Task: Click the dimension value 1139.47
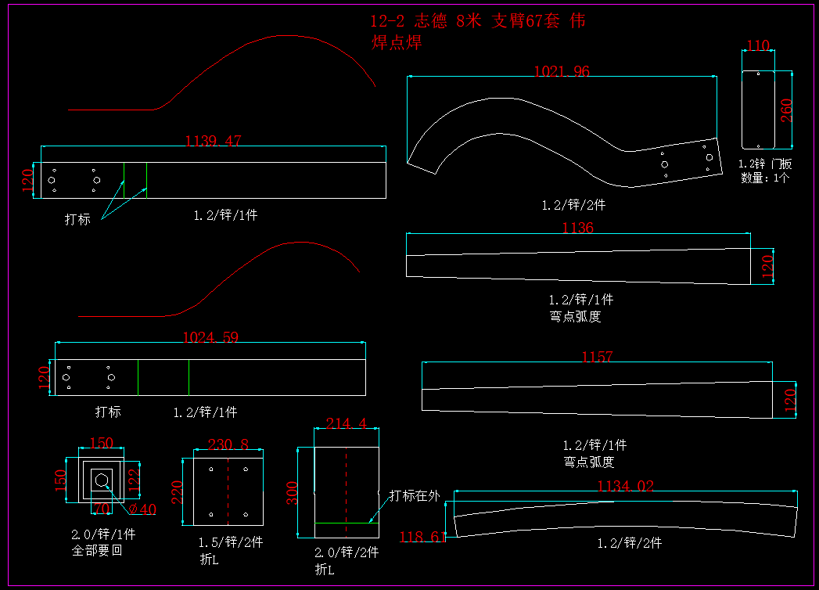213,142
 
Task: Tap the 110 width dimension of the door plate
757,46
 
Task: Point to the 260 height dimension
786,110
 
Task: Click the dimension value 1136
577,228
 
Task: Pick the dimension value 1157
597,358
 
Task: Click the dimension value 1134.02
625,487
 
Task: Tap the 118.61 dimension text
422,538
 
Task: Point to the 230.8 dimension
228,444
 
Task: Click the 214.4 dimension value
347,423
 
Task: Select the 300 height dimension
292,494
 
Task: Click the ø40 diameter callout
142,509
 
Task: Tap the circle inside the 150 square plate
101,479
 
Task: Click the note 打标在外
415,495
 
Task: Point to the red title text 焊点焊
397,43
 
